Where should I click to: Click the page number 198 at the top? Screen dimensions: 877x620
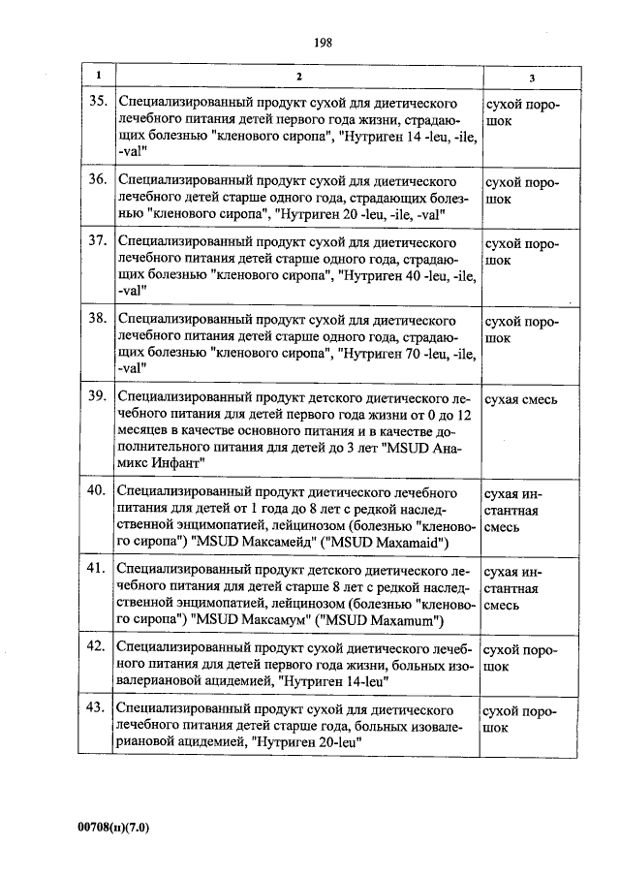click(x=324, y=42)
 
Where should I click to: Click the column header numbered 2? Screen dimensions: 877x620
click(x=298, y=77)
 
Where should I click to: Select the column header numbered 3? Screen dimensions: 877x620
click(x=531, y=78)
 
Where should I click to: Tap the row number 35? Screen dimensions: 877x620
click(x=96, y=101)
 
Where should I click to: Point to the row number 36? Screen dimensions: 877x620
click(x=96, y=179)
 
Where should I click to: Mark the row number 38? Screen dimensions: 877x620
click(x=96, y=318)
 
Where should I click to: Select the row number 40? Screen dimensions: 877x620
click(x=96, y=489)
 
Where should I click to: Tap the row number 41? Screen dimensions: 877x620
click(x=96, y=567)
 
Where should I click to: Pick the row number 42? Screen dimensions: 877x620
click(x=96, y=644)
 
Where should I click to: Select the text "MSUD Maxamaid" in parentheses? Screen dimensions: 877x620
click(x=383, y=544)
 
